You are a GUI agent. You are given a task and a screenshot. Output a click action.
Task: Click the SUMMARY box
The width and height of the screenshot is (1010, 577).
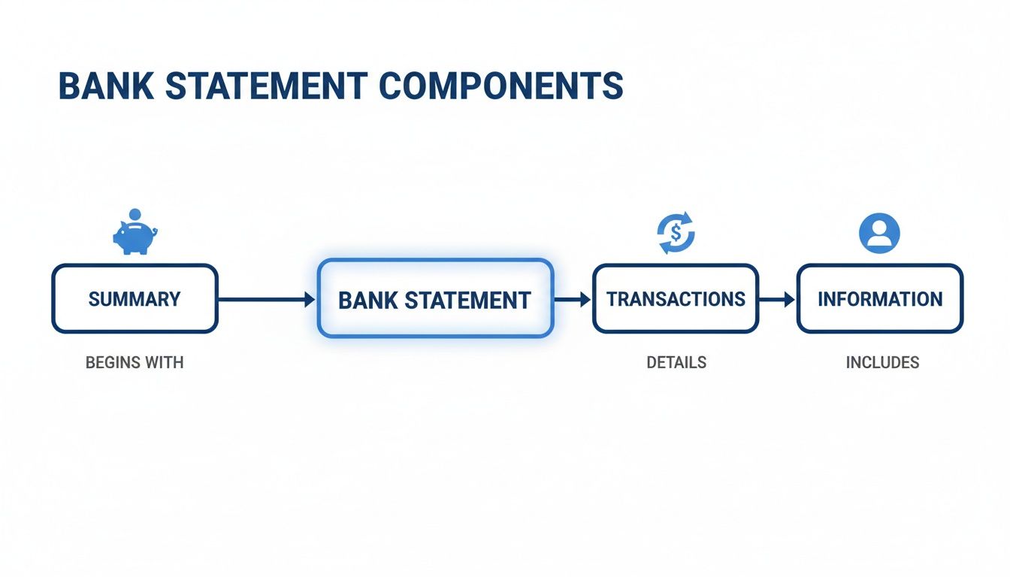[135, 299]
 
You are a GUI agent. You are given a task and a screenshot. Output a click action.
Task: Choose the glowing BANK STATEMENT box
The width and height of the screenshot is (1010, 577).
[435, 299]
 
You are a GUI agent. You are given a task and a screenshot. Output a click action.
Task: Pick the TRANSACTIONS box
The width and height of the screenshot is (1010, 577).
[676, 299]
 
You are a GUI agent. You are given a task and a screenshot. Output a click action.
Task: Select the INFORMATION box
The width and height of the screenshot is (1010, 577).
[879, 299]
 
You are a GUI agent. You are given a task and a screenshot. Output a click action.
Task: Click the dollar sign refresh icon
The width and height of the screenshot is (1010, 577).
[676, 233]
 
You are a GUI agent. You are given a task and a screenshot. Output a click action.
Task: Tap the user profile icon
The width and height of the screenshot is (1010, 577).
[879, 232]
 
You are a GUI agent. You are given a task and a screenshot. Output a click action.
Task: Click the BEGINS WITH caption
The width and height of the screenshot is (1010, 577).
[135, 363]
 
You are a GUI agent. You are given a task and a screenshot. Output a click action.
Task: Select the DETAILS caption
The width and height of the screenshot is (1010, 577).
[676, 363]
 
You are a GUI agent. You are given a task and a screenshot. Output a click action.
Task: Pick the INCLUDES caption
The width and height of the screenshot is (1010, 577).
[882, 363]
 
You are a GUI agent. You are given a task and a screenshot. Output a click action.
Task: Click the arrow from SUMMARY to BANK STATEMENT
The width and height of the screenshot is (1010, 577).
[267, 300]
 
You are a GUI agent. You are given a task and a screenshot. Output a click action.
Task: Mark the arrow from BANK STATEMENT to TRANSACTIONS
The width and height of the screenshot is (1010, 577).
[573, 300]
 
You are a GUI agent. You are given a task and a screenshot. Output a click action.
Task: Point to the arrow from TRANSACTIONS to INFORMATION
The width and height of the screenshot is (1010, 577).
[777, 300]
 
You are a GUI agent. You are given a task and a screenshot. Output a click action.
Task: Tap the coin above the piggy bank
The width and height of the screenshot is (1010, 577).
[135, 214]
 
